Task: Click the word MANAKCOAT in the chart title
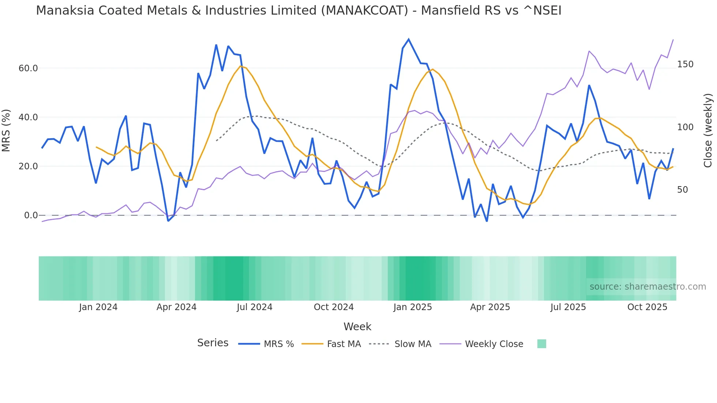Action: (364, 11)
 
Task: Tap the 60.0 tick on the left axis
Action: (28, 68)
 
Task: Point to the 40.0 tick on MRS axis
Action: (28, 117)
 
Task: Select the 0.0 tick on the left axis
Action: (31, 215)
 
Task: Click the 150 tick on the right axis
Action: (685, 64)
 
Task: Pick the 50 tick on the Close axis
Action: (683, 190)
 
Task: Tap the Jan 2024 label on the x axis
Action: (98, 307)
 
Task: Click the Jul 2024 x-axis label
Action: (255, 307)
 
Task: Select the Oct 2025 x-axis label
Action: (647, 307)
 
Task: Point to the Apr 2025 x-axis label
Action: (490, 307)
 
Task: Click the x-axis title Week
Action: (357, 327)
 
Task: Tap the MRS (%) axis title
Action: (6, 131)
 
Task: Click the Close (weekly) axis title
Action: (708, 131)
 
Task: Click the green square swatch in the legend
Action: (541, 344)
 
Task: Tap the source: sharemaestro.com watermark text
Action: (647, 287)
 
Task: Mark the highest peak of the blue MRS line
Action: (409, 39)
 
